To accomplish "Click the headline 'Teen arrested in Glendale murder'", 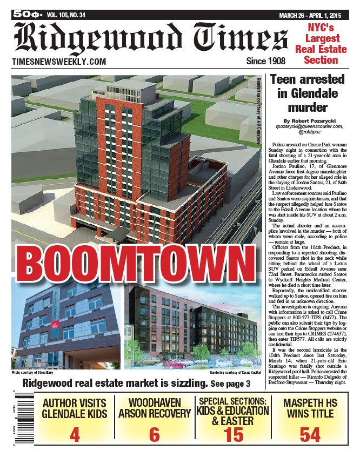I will click(x=306, y=93).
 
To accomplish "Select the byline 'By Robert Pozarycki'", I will click(x=306, y=120).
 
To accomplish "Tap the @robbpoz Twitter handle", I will click(x=306, y=132).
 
